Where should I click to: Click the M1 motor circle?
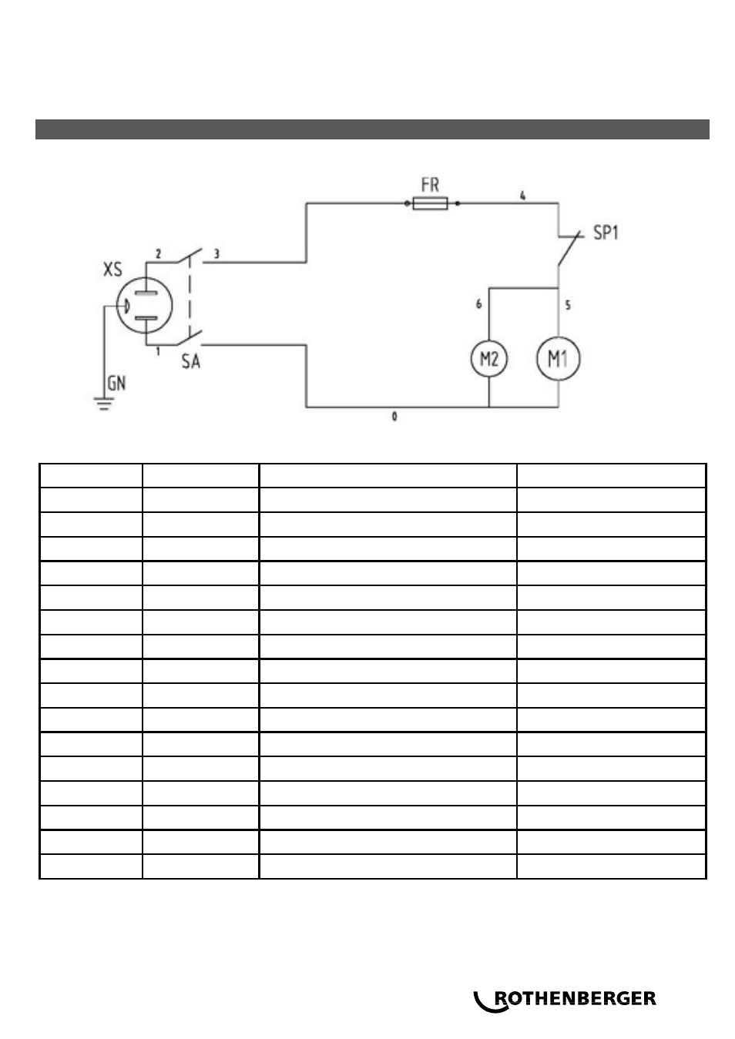click(x=558, y=358)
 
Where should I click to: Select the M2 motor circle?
click(x=489, y=359)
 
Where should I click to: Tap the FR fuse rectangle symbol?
click(x=430, y=203)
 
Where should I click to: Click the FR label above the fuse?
click(x=430, y=185)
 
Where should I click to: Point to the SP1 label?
click(x=606, y=233)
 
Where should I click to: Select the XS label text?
click(x=112, y=269)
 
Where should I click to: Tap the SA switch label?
click(x=191, y=361)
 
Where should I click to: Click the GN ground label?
click(x=116, y=383)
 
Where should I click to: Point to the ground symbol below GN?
click(x=104, y=404)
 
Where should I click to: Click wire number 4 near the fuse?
click(x=522, y=196)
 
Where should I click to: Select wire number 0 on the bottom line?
click(x=394, y=416)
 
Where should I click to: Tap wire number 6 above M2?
click(x=478, y=303)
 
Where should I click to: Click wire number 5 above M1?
click(x=568, y=305)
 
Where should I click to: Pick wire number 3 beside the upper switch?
click(x=216, y=253)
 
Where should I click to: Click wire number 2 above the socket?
click(x=158, y=253)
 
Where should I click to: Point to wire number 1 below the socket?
click(x=158, y=351)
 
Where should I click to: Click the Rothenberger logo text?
click(x=576, y=998)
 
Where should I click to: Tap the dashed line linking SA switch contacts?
click(x=190, y=297)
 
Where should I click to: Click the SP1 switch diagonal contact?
click(x=569, y=248)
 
